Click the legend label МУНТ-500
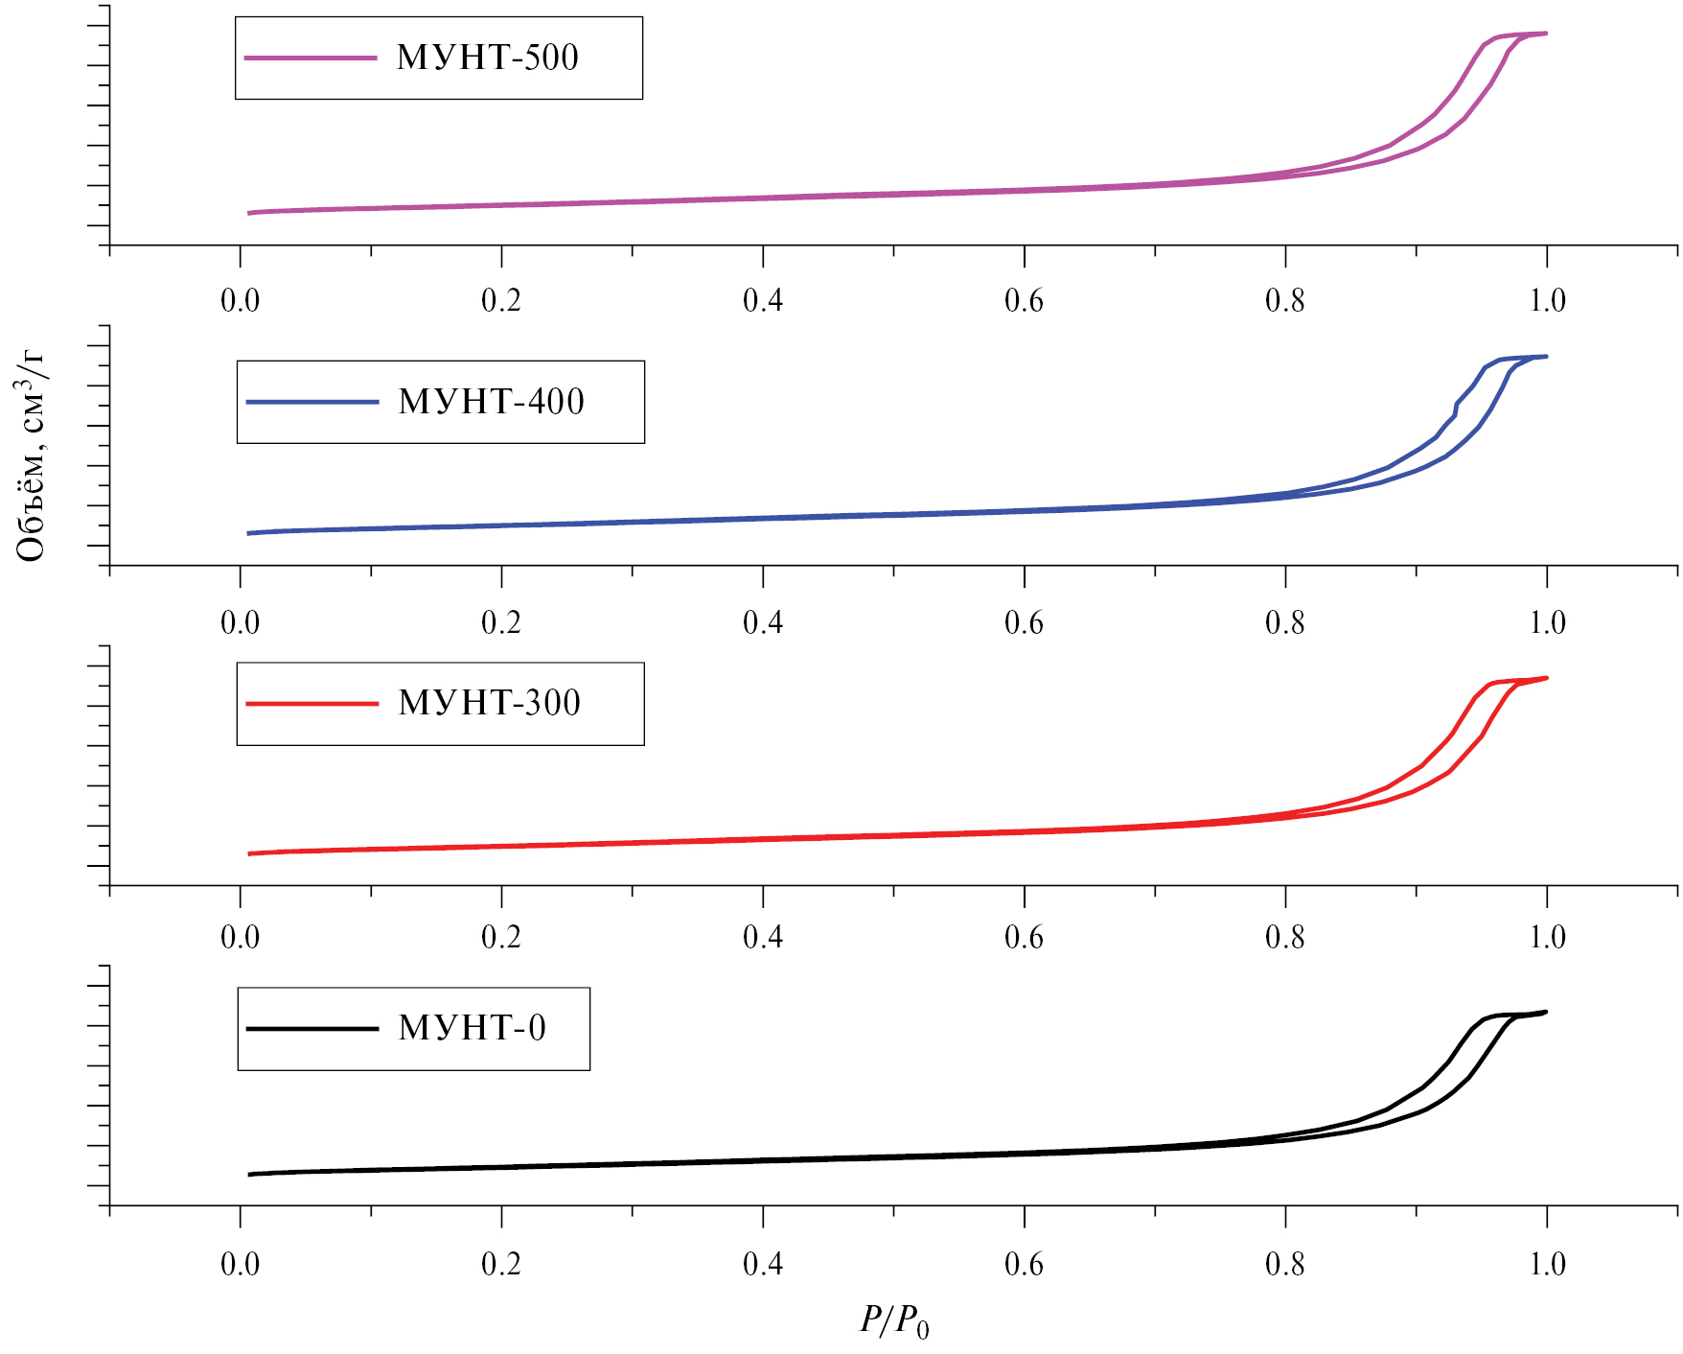[x=488, y=58]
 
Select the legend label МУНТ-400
[x=491, y=402]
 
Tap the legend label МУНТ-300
[x=489, y=703]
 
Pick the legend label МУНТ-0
[x=472, y=1028]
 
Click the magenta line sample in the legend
[x=311, y=58]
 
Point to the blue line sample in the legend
[x=312, y=402]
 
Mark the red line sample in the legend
[x=312, y=704]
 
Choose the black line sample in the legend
[x=312, y=1029]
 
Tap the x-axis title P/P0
[x=893, y=1321]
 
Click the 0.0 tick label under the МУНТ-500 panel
[x=240, y=301]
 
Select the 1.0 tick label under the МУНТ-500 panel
[x=1547, y=301]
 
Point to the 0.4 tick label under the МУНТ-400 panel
[x=763, y=623]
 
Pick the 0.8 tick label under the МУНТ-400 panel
[x=1285, y=623]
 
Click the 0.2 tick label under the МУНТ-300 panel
[x=501, y=938]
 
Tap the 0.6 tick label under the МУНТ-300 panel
[x=1024, y=938]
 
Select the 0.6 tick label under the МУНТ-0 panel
[x=1024, y=1265]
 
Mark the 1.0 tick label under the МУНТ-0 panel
[x=1547, y=1265]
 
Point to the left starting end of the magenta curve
[x=249, y=213]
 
